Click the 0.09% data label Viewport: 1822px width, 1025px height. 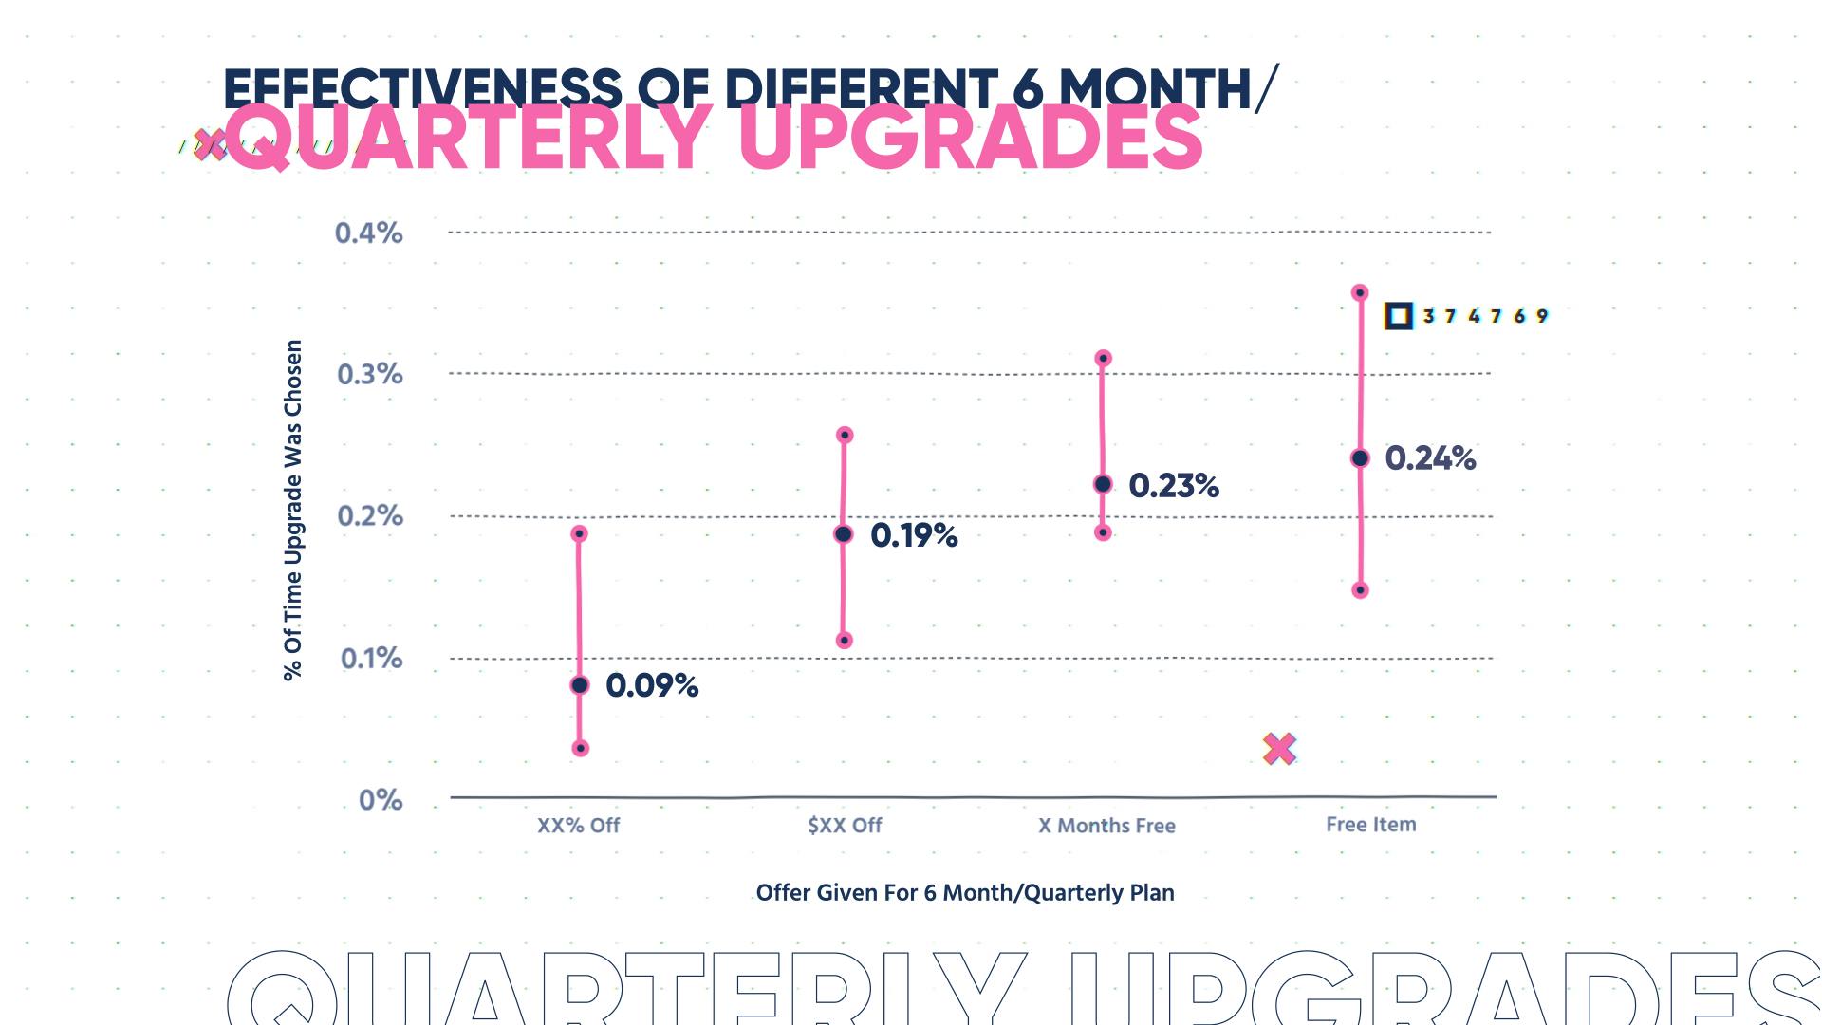(x=652, y=685)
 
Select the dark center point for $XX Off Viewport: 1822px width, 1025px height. (x=843, y=534)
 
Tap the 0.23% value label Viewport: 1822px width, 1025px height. (x=1173, y=486)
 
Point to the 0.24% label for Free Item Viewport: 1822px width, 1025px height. (x=1430, y=458)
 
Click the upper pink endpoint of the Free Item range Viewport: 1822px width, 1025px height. (x=1359, y=292)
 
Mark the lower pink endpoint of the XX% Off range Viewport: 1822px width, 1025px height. (x=581, y=749)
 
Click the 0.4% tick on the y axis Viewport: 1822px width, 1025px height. (x=368, y=233)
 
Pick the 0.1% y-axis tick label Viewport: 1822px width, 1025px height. (x=371, y=659)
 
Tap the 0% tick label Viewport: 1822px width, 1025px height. (x=380, y=800)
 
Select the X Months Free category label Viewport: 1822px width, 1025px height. (x=1106, y=826)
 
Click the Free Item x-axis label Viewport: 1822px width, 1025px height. (x=1370, y=825)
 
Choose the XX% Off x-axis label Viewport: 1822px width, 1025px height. (x=578, y=826)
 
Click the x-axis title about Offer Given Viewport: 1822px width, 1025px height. (x=964, y=893)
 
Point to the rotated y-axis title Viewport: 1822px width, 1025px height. (x=293, y=510)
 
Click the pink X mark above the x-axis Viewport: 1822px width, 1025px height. (x=1279, y=750)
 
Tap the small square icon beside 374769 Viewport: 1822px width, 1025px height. (x=1398, y=316)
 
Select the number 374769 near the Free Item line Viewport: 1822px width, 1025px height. (x=1485, y=316)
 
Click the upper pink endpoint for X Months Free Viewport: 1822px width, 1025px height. (x=1103, y=359)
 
